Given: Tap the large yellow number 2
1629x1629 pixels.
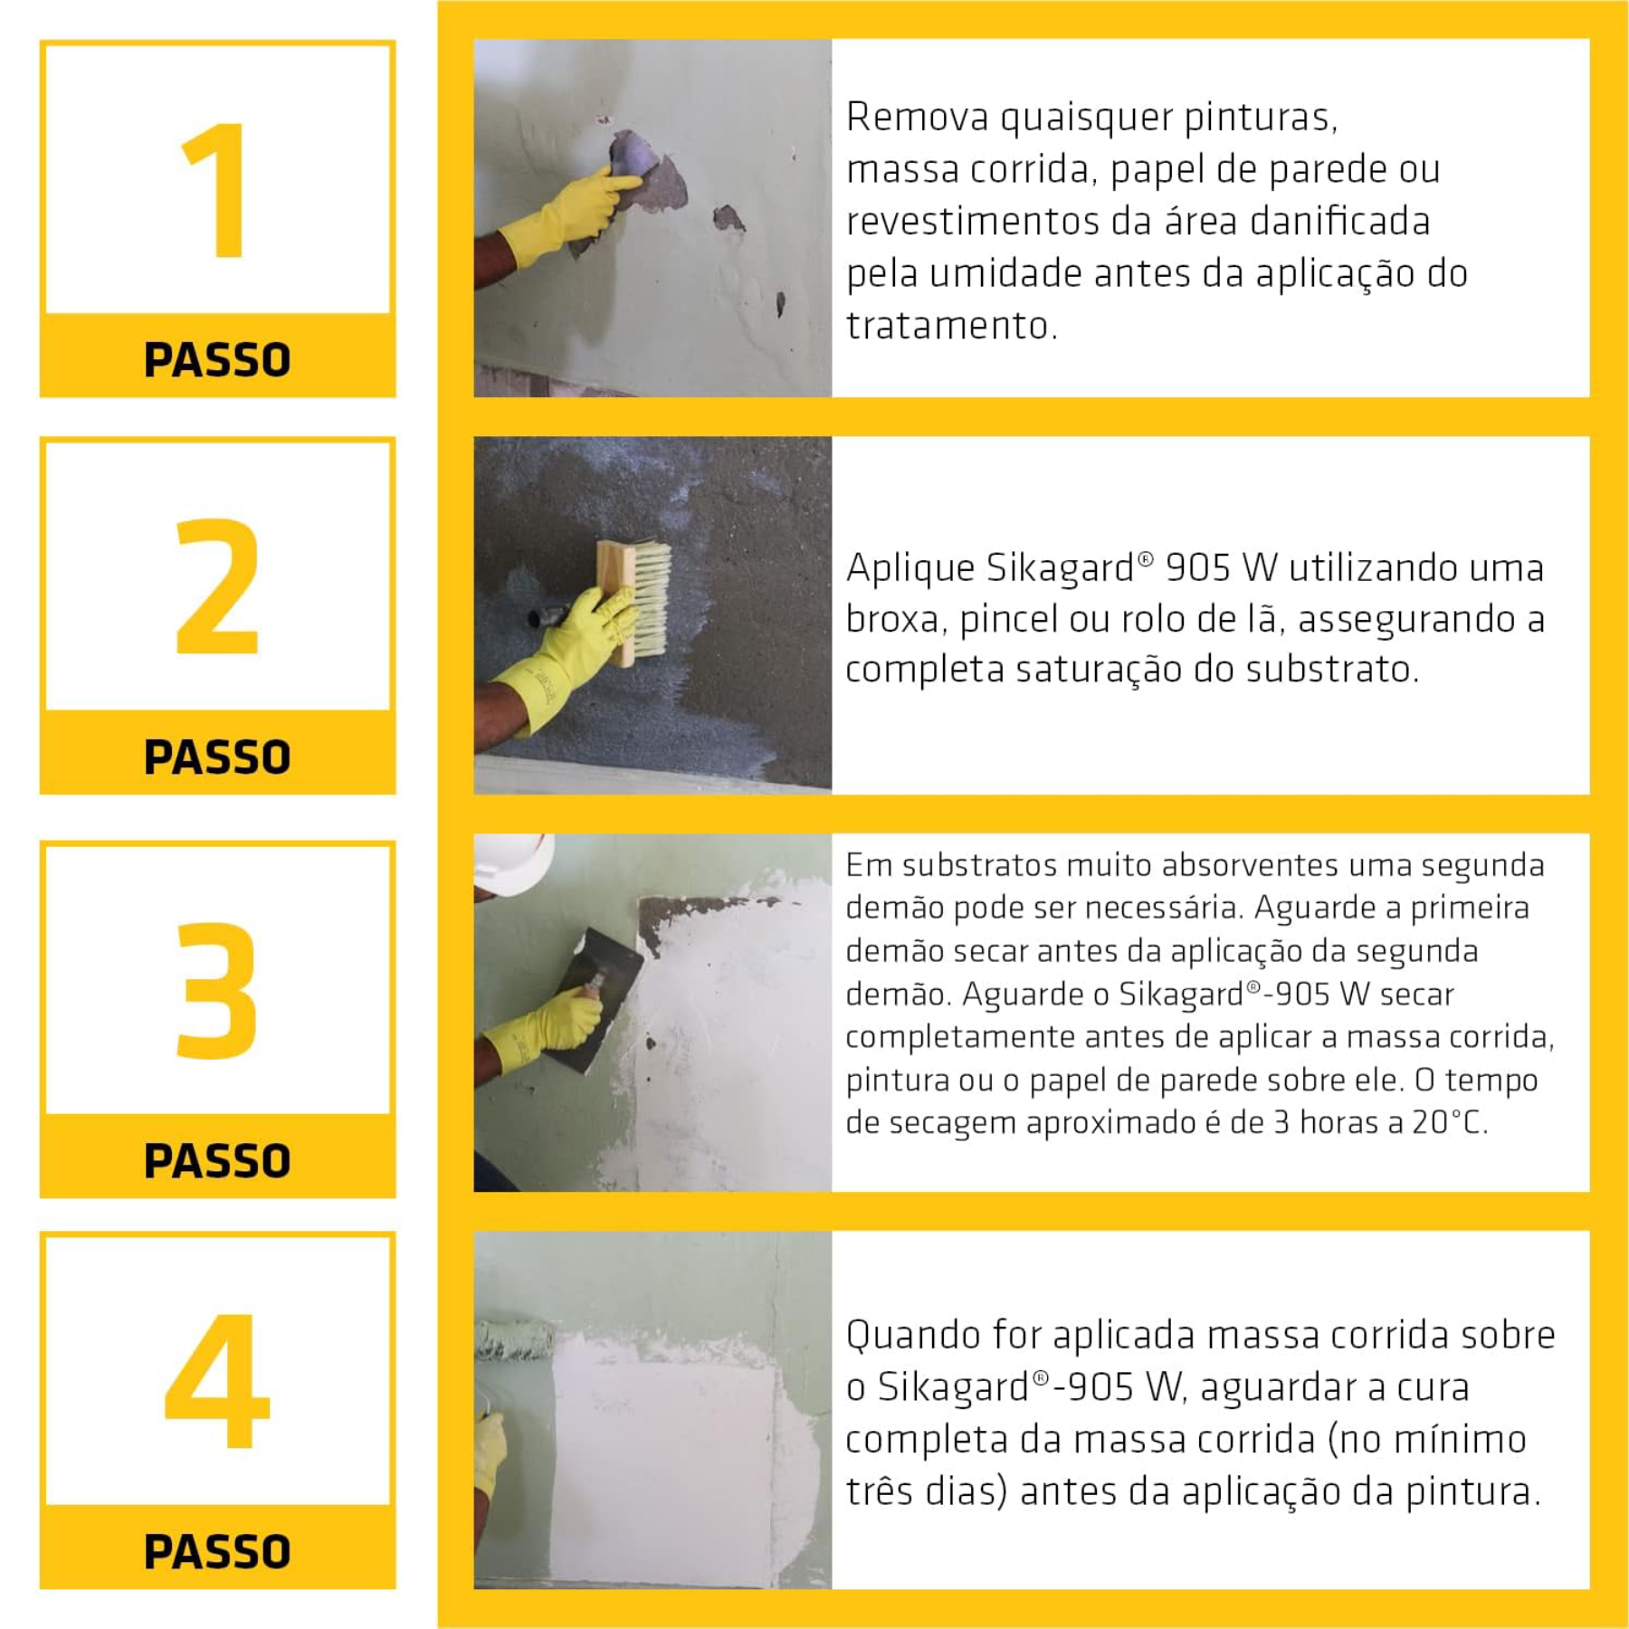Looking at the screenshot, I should pyautogui.click(x=217, y=586).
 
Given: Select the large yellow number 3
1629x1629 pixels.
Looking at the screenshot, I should pyautogui.click(x=217, y=990).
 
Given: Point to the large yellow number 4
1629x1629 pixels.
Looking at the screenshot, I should pyautogui.click(x=217, y=1381).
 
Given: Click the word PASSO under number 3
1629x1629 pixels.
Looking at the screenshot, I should pyautogui.click(x=217, y=1161).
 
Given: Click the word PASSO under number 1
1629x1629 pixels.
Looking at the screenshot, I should pyautogui.click(x=217, y=359).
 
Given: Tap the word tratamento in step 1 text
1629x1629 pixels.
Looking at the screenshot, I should pyautogui.click(x=950, y=326).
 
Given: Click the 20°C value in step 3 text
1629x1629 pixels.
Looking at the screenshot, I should pyautogui.click(x=1448, y=1123).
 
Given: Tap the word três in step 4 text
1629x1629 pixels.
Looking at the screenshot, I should pyautogui.click(x=878, y=1492).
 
